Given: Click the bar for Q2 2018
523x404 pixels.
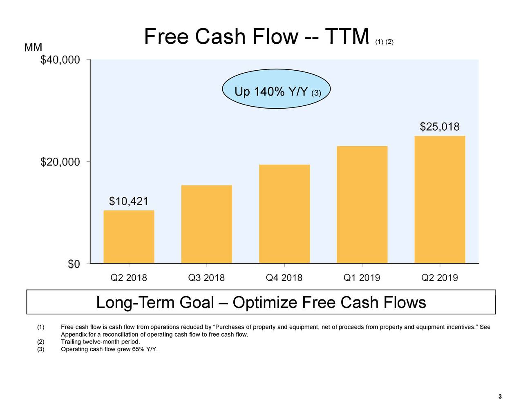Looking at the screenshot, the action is click(x=129, y=237).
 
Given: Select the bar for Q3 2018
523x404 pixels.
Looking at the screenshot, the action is click(x=206, y=224).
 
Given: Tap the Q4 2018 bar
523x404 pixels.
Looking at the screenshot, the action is click(x=284, y=214).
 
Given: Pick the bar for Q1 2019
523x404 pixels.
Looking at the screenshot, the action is click(x=362, y=205).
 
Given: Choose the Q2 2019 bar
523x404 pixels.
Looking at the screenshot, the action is click(x=440, y=199).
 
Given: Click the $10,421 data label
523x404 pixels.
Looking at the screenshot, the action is click(x=129, y=201).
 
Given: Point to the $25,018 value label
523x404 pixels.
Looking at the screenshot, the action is click(x=440, y=127).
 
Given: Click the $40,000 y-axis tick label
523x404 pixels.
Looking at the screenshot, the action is click(x=60, y=60).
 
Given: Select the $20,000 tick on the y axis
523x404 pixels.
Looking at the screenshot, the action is click(x=60, y=162).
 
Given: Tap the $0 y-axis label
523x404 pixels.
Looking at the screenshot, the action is click(x=74, y=264).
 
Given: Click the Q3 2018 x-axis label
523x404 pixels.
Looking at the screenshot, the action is click(x=206, y=278).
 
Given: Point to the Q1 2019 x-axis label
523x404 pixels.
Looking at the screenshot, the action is click(x=362, y=278).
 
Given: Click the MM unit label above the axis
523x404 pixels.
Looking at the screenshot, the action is click(x=33, y=47).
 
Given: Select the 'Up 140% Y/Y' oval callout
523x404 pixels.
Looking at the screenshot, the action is click(x=276, y=89).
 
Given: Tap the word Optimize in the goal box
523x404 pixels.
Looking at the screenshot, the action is click(x=266, y=302).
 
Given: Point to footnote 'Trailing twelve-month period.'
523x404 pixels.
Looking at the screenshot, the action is click(x=101, y=342).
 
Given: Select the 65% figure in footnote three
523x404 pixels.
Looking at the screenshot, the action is click(x=138, y=349).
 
